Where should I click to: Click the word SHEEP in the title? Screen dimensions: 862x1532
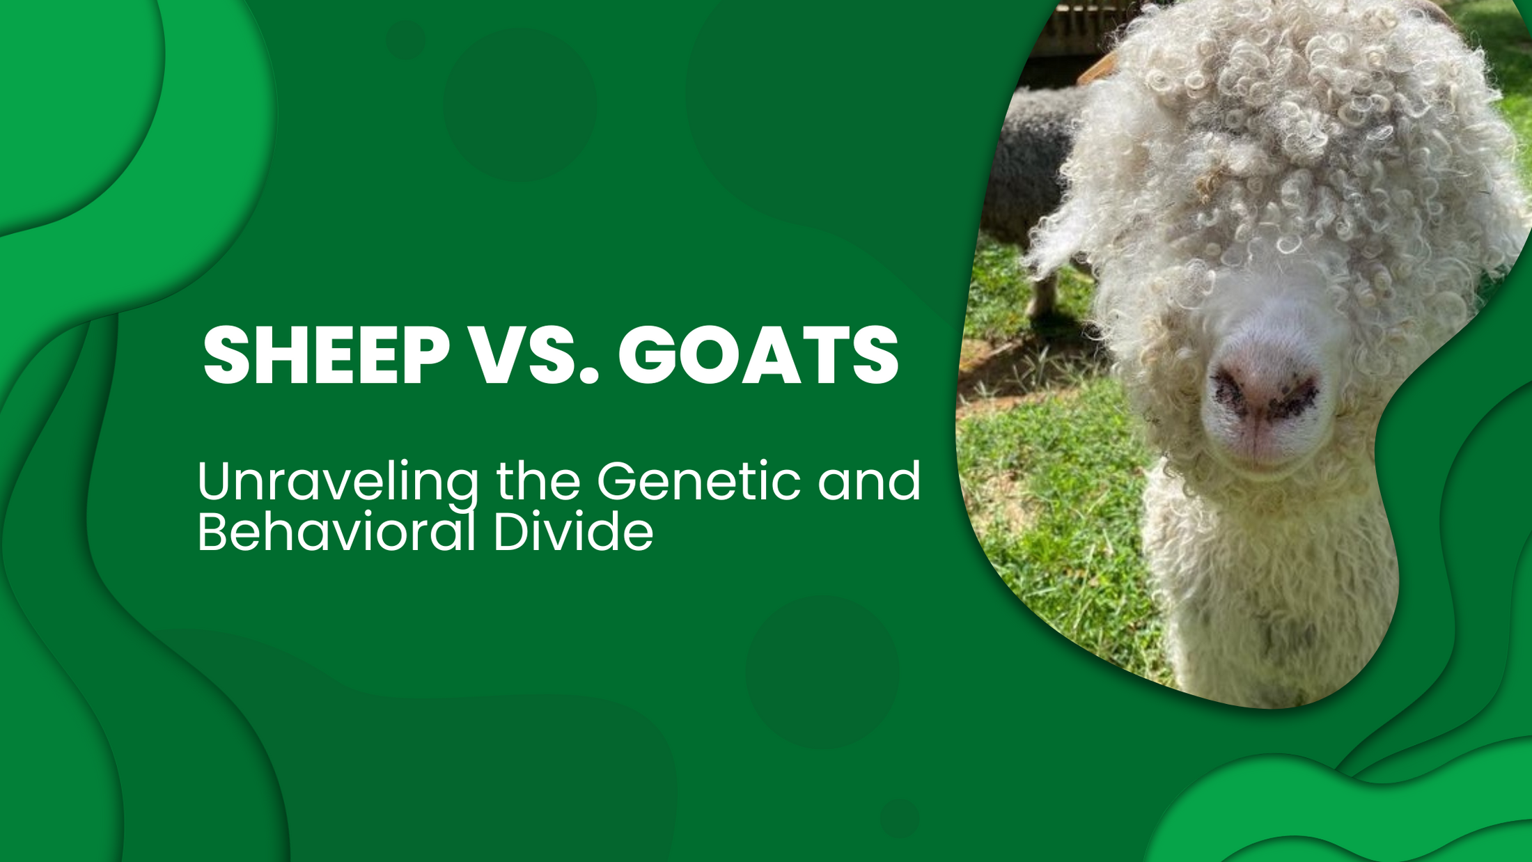[326, 356]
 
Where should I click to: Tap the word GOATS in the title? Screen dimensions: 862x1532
[758, 356]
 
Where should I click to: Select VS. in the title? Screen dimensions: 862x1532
[535, 356]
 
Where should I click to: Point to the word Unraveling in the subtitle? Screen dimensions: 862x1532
[338, 482]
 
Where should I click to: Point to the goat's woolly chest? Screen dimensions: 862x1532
[1274, 592]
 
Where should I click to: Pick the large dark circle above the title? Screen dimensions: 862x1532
[520, 104]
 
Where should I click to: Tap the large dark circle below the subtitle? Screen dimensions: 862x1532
[822, 671]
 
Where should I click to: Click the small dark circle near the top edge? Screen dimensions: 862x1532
[405, 40]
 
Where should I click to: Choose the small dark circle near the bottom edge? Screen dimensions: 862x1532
[899, 818]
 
